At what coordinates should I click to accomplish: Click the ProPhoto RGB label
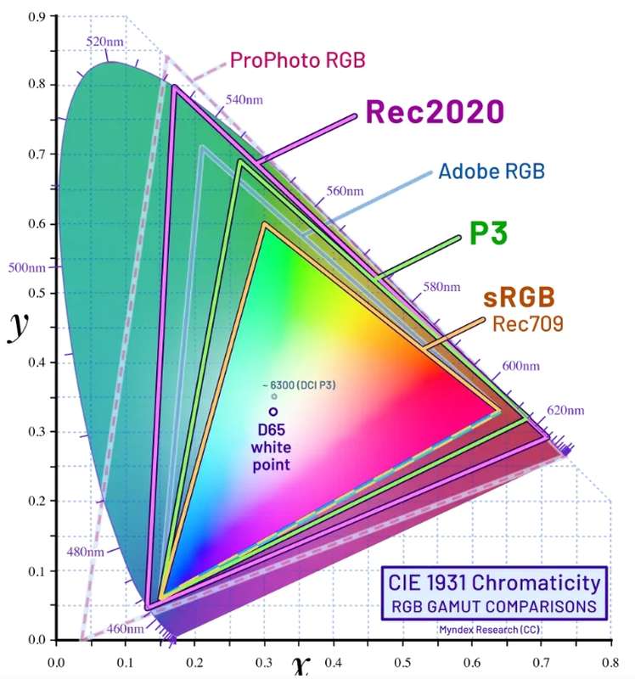click(x=297, y=60)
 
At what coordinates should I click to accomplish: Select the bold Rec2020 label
click(x=436, y=112)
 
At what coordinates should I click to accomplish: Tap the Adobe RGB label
click(x=491, y=171)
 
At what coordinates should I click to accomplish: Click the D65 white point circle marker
click(x=273, y=412)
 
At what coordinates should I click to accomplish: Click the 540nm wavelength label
click(x=244, y=99)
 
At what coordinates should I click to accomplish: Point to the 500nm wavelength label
click(x=26, y=268)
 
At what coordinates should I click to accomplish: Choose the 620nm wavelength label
click(x=565, y=411)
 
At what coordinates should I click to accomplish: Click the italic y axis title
click(x=18, y=326)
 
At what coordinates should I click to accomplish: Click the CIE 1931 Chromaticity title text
click(x=494, y=584)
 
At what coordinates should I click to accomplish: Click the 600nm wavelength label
click(x=520, y=366)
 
